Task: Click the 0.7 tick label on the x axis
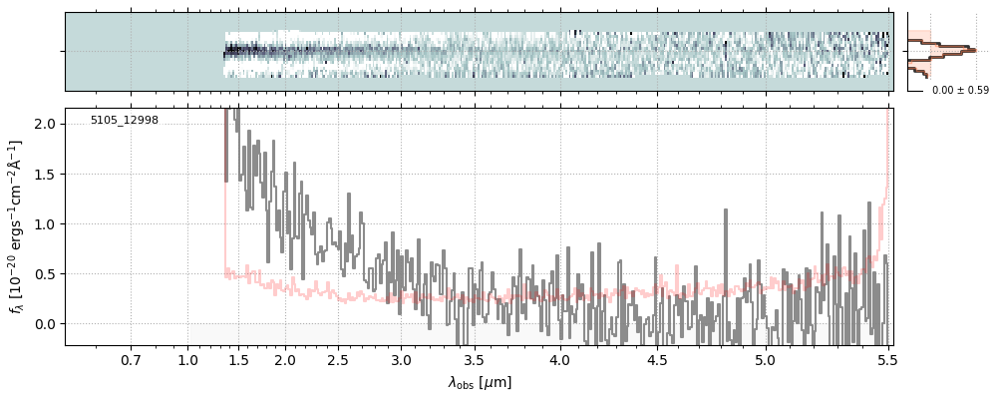(131, 359)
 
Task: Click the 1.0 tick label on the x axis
(187, 359)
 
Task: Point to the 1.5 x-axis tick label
(238, 359)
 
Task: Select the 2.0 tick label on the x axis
(285, 359)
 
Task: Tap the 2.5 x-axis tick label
(338, 359)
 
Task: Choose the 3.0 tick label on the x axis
(401, 359)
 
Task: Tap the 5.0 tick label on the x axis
(765, 359)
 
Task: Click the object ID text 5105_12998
(124, 121)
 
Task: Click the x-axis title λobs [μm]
(479, 382)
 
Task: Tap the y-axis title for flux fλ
(16, 226)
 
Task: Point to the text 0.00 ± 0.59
(953, 91)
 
